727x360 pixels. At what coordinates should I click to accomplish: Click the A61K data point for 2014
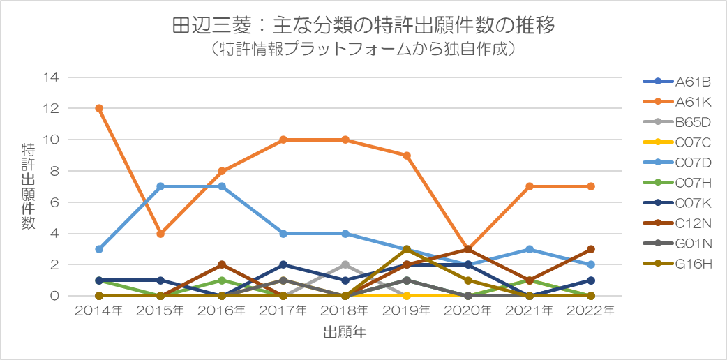click(99, 108)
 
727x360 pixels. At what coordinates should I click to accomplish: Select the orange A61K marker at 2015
click(160, 234)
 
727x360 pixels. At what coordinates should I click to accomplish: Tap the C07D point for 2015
click(160, 187)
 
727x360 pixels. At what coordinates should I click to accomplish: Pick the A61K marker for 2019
click(407, 156)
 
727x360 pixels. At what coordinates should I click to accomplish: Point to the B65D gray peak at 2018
click(345, 265)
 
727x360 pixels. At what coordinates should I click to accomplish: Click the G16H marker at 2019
click(407, 249)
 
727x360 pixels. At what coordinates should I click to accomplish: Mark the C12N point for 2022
click(591, 249)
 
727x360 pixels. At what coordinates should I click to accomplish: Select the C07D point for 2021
click(530, 249)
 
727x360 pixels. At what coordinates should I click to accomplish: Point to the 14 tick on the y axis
click(52, 77)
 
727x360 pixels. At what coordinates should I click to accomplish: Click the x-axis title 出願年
click(345, 333)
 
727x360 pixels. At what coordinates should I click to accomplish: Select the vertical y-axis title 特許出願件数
click(28, 186)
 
